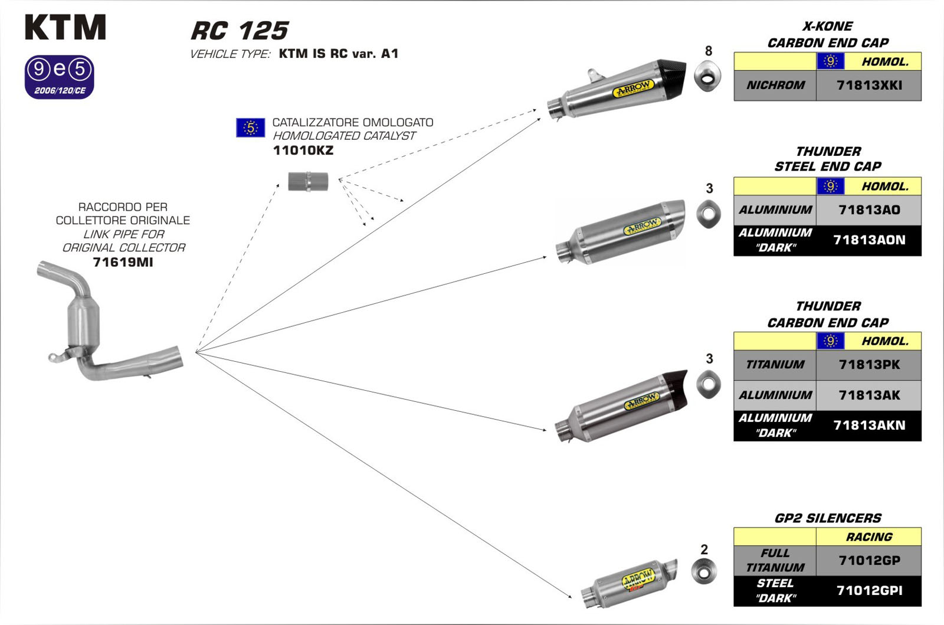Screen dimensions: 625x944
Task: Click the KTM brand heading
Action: point(65,28)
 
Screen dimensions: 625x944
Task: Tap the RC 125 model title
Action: point(240,31)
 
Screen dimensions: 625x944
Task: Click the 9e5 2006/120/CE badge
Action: point(59,77)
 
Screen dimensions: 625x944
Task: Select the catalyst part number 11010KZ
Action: point(303,150)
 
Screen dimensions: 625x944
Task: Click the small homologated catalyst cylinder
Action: point(308,181)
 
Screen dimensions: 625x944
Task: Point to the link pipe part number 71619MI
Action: point(123,262)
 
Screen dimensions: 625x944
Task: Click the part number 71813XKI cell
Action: point(868,86)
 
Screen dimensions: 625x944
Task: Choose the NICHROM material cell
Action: point(775,86)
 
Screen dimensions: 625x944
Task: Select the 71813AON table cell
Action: point(868,240)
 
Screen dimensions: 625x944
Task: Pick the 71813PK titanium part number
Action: point(868,365)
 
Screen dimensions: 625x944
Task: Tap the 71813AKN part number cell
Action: point(868,425)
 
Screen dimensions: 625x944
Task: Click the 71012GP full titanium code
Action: point(868,560)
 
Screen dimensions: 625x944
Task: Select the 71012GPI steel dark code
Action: point(868,591)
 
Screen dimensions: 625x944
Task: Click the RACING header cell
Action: point(868,536)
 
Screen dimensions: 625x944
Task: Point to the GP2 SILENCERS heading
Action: point(827,518)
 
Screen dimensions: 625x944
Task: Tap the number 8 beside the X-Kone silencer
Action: point(709,51)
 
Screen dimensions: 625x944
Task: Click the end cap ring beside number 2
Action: point(704,572)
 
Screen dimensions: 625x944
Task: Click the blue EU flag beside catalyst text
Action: point(250,127)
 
